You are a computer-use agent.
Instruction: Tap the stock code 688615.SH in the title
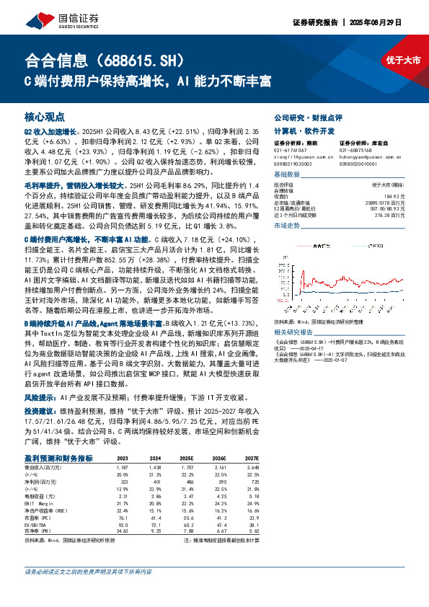coord(152,59)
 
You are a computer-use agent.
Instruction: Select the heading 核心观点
coord(44,116)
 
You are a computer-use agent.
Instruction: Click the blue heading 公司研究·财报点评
coord(307,117)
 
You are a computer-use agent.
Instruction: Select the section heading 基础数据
coord(287,175)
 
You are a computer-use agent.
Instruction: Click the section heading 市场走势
coord(287,226)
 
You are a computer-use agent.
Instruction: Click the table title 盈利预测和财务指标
coord(58,458)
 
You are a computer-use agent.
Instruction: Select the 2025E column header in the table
coord(187,458)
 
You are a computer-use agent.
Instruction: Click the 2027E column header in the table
coord(250,458)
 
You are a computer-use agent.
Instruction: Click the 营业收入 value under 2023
coord(123,468)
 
